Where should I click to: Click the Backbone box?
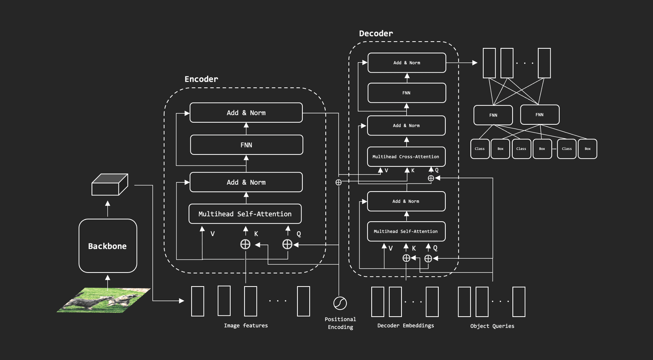[x=108, y=246]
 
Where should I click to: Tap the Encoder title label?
[x=201, y=79]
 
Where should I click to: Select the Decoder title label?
[x=376, y=34]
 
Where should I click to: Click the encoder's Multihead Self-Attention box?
[x=245, y=214]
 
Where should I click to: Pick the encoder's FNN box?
[x=246, y=145]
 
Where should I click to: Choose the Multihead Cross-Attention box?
[x=406, y=157]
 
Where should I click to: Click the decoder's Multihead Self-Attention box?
[x=406, y=231]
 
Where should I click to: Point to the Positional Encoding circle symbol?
[x=340, y=303]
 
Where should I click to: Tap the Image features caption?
[x=246, y=326]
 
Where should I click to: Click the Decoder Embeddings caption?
[x=405, y=326]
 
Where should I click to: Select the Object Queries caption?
[x=492, y=326]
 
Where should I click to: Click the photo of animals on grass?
[x=104, y=300]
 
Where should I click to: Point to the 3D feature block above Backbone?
[x=110, y=185]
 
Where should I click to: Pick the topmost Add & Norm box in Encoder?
[x=246, y=113]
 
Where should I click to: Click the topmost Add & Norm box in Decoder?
[x=407, y=63]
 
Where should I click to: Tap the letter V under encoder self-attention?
[x=213, y=234]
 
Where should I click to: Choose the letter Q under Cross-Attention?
[x=437, y=170]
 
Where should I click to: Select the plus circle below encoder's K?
[x=245, y=244]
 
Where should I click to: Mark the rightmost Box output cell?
[x=588, y=149]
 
